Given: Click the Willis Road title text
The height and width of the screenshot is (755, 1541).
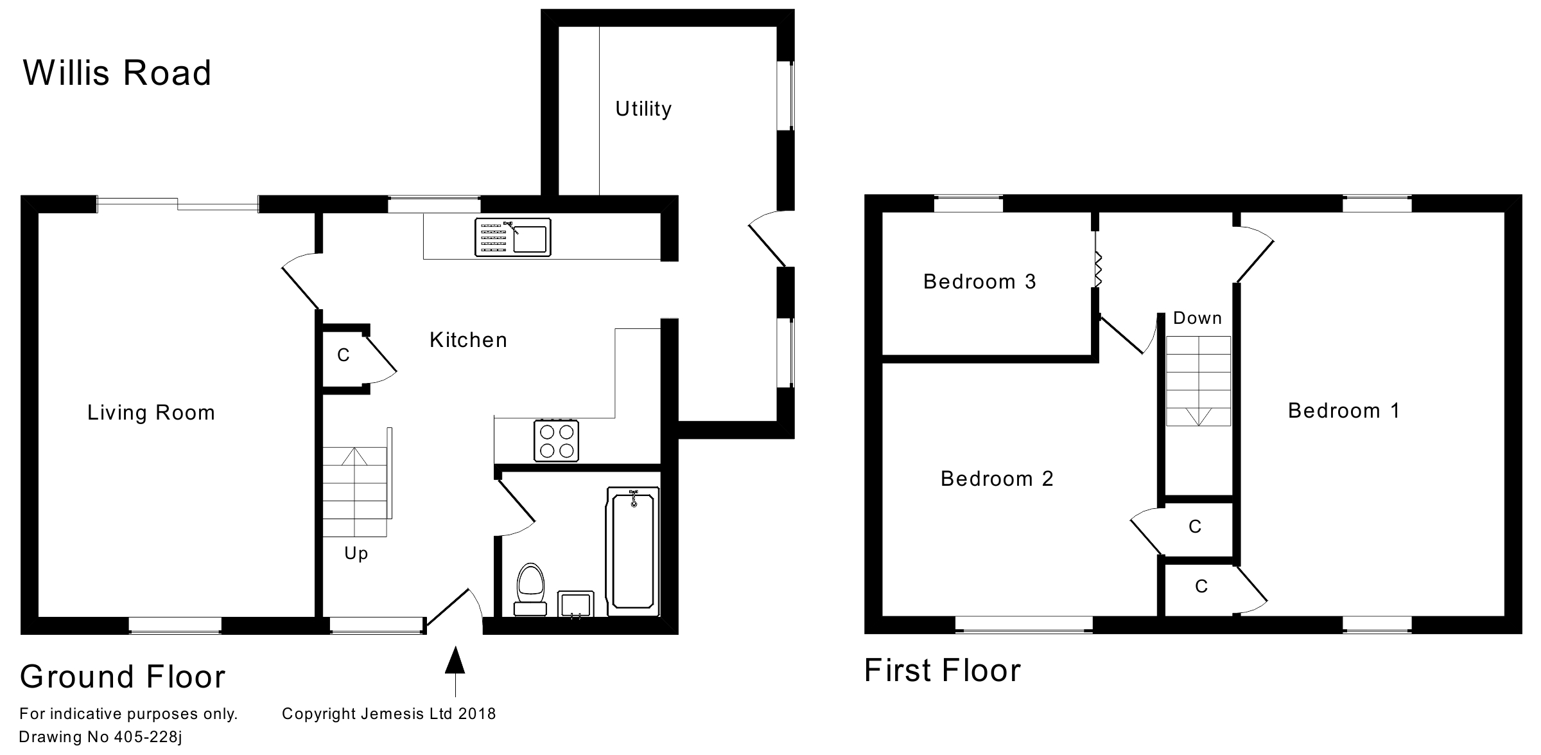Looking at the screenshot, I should coord(117,73).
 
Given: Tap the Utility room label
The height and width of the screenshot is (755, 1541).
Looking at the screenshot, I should coord(643,109).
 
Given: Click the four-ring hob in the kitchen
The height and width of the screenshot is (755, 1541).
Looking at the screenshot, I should coord(556,441).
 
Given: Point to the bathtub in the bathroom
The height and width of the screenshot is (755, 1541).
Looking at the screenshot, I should coord(633,551).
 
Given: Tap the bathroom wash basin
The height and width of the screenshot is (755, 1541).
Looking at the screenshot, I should coord(575,605).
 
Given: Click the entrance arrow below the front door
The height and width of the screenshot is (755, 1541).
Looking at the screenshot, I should coord(455,668).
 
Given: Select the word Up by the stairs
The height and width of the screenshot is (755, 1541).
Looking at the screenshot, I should coord(356,553).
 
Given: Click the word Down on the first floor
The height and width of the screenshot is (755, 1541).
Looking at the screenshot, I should coord(1197,318).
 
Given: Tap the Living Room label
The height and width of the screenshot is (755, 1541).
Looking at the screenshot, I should coord(151,413).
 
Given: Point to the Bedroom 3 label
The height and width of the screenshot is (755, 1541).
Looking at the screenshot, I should coord(979,281).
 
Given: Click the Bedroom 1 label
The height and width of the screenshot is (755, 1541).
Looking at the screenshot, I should coord(1343,411).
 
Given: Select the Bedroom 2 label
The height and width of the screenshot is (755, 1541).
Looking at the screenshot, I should coord(997,479).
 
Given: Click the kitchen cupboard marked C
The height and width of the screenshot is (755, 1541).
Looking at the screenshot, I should coord(344,355).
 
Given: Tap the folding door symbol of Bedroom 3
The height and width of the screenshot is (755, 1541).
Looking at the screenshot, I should coord(1097,269).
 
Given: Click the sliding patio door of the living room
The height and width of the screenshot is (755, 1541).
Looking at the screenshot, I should coord(177,204).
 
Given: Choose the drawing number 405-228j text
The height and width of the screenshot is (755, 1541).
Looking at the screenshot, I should coord(101,737).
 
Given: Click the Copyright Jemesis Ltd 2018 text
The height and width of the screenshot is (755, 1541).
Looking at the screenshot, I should coord(388,714).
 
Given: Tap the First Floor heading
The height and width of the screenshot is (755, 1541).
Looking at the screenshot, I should coord(942,671).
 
